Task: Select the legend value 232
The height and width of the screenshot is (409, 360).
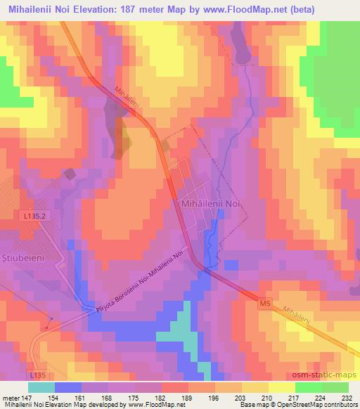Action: click(x=347, y=397)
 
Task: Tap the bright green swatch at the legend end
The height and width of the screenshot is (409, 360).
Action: click(x=335, y=387)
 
